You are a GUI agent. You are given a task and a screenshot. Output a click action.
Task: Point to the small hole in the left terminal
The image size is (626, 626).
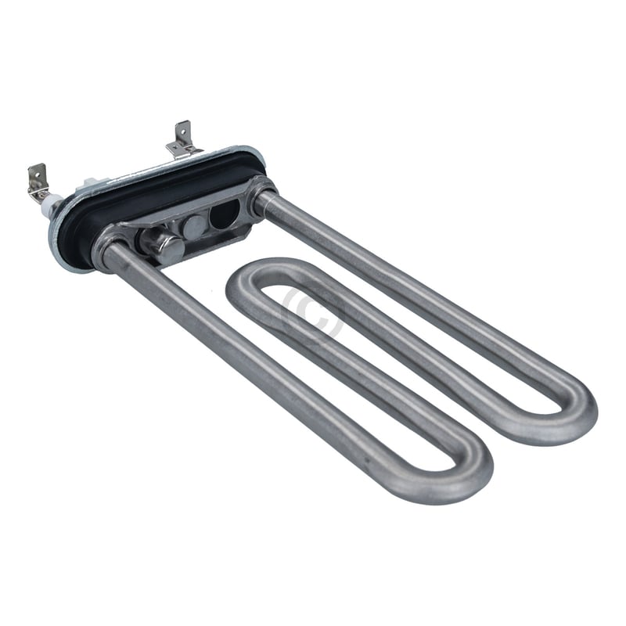pyautogui.click(x=35, y=172)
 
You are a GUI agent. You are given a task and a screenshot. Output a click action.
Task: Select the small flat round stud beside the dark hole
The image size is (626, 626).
pyautogui.click(x=193, y=228)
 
